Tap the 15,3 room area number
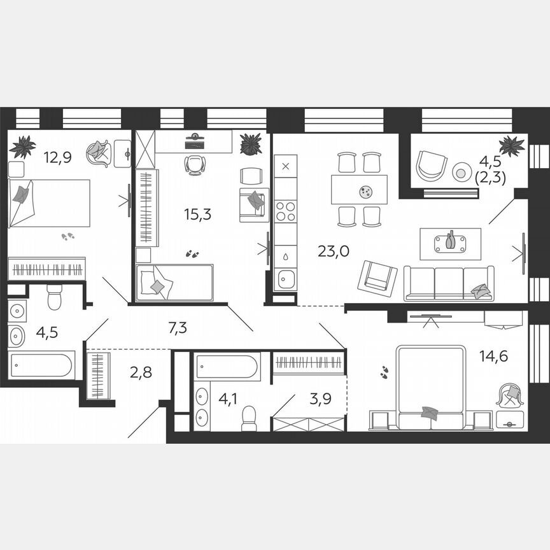click(x=197, y=215)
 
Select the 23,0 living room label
click(x=333, y=251)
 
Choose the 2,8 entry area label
click(x=142, y=372)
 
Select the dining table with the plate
click(x=359, y=189)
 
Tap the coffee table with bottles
click(x=450, y=243)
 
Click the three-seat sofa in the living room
click(x=449, y=283)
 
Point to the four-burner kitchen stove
click(x=285, y=211)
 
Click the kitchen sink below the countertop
click(x=286, y=278)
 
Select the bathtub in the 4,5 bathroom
click(x=41, y=365)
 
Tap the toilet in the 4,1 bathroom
click(x=249, y=417)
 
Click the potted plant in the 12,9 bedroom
click(x=23, y=147)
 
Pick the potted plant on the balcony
click(x=512, y=146)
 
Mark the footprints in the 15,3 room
click(x=191, y=253)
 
